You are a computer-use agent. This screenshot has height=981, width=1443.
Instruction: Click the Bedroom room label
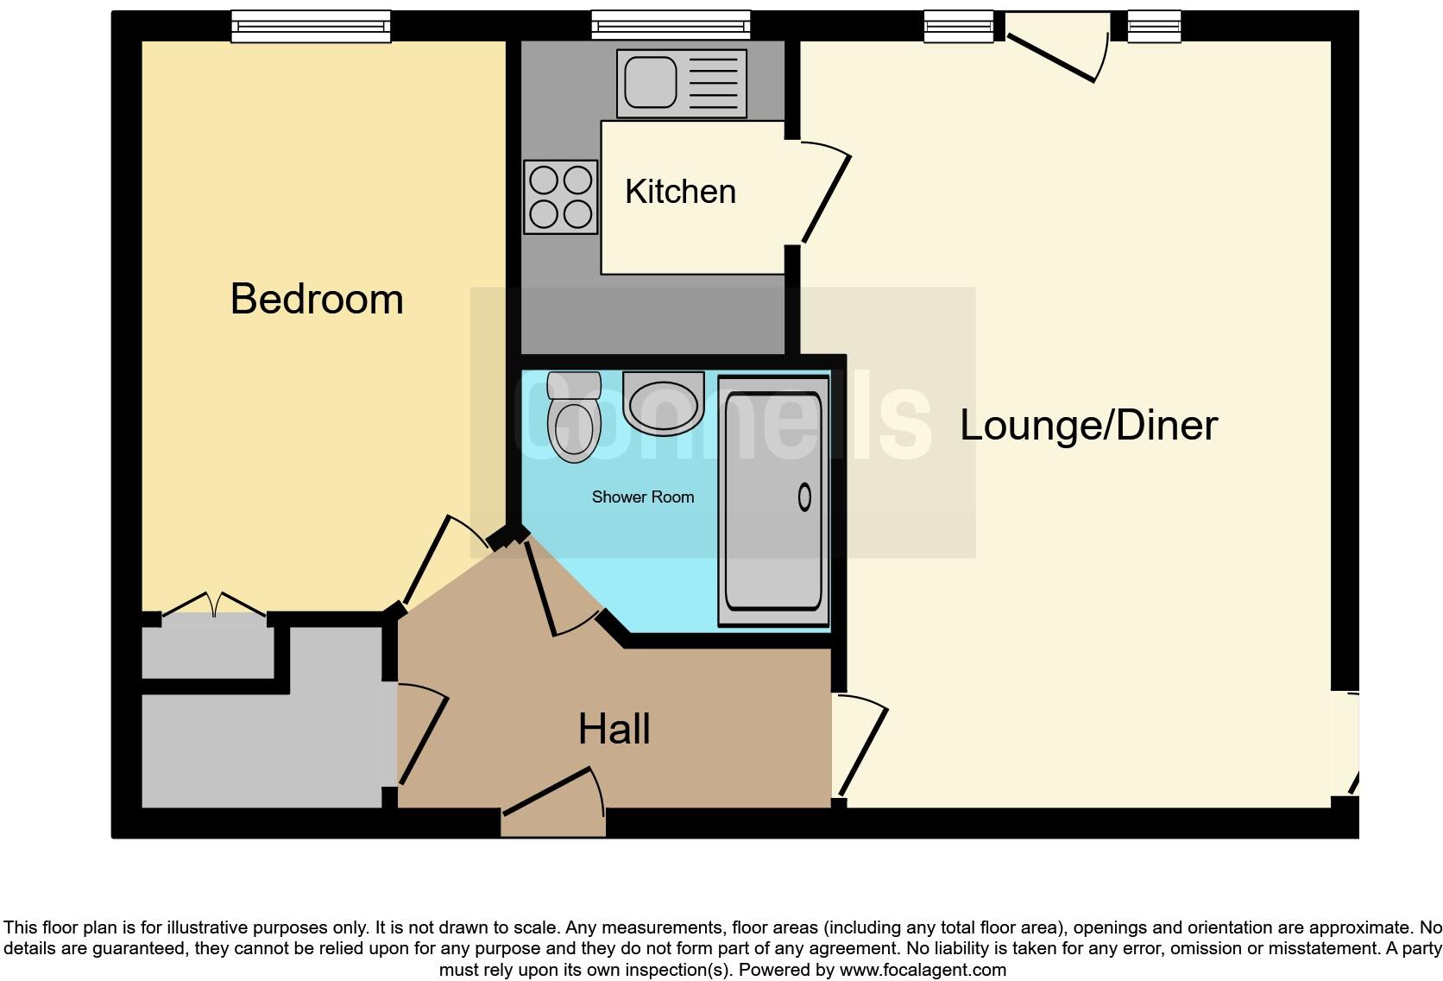point(317,299)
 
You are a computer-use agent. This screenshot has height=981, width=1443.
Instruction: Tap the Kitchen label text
point(680,192)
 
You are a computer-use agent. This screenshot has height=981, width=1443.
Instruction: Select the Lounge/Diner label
point(1088,425)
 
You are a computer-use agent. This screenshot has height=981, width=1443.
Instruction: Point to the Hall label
point(614,729)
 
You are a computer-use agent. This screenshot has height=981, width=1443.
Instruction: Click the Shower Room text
point(643,497)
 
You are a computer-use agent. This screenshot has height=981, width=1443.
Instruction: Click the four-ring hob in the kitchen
point(560,197)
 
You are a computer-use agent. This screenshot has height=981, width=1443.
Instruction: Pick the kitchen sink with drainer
point(681,83)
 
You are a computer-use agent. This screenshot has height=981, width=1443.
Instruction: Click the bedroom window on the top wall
point(311,27)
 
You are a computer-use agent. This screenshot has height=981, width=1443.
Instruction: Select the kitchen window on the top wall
point(671,27)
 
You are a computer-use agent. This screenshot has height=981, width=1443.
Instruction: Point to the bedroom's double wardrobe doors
point(214,604)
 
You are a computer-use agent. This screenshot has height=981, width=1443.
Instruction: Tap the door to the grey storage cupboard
point(423,738)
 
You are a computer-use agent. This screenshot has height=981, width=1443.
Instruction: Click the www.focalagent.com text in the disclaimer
point(923,970)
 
